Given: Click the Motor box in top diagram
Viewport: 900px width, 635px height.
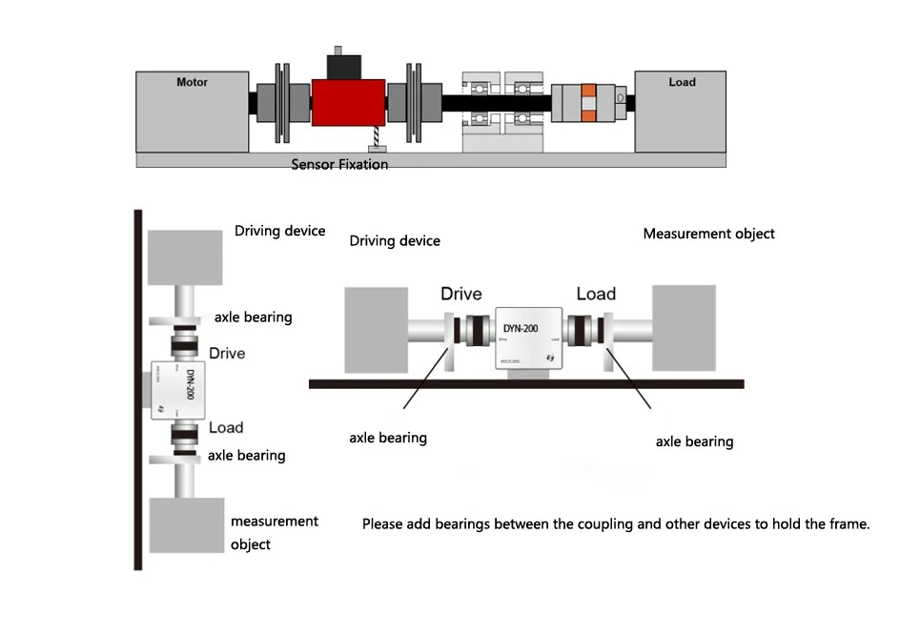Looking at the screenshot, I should point(192,111).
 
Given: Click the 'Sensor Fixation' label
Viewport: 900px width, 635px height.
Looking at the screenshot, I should point(339,165).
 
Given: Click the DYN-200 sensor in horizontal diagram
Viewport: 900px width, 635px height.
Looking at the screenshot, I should point(528,338).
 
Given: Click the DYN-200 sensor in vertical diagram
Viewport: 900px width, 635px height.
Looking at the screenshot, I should point(180,390).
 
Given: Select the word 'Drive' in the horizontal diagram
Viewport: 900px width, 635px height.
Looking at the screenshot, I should point(460,294).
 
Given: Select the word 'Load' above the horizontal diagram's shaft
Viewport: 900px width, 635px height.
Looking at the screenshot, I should point(596,294).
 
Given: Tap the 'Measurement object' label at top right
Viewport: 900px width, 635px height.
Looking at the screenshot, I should point(708,234).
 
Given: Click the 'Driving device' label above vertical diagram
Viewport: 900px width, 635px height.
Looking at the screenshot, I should point(279,231).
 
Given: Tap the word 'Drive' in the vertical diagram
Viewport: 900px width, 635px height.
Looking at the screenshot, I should point(227,354).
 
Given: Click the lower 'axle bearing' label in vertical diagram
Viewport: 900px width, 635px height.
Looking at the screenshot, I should point(246,456).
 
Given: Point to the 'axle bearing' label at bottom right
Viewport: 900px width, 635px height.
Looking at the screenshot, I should point(694,441).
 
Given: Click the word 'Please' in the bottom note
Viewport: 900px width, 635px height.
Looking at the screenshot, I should point(382,524).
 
